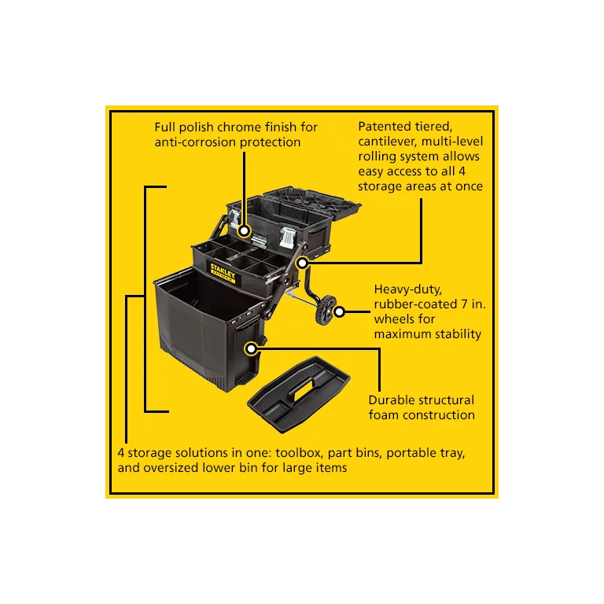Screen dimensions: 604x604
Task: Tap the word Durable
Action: [393, 400]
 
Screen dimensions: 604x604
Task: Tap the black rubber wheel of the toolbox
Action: [326, 309]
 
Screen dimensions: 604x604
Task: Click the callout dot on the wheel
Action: [339, 311]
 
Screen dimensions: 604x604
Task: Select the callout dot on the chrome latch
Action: [245, 232]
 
